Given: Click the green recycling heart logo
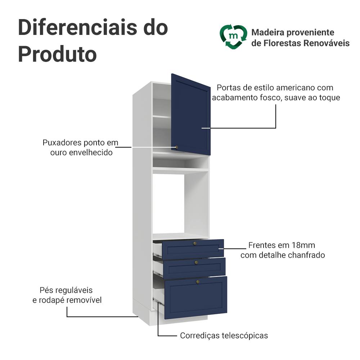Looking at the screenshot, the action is click(x=233, y=37).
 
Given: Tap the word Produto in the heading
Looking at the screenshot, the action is click(x=57, y=54).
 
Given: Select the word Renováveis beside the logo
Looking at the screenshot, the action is click(x=327, y=43).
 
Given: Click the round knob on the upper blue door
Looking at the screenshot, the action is click(x=176, y=147).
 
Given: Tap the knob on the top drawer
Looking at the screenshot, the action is click(x=195, y=243).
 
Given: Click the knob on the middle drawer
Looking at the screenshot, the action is click(x=196, y=262).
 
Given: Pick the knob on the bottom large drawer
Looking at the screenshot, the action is click(x=198, y=282).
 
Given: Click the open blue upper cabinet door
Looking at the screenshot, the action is click(x=191, y=114).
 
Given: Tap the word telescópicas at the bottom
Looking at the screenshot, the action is click(x=245, y=336).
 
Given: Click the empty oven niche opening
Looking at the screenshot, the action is click(x=168, y=204).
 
